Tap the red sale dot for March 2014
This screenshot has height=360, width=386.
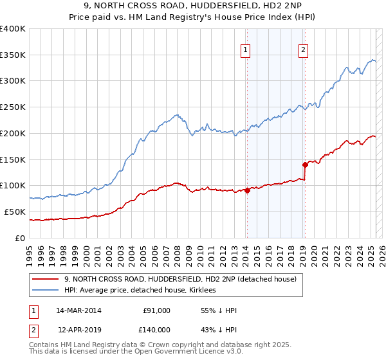pos(247,190)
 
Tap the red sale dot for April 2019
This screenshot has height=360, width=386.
pos(305,164)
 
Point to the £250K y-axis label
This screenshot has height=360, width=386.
pos(13,107)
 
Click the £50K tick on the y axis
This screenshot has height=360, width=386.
pos(15,212)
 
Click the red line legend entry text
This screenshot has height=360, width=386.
pos(180,279)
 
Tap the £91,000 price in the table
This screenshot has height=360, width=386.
pos(157,310)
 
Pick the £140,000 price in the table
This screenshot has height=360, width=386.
pos(155,328)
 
